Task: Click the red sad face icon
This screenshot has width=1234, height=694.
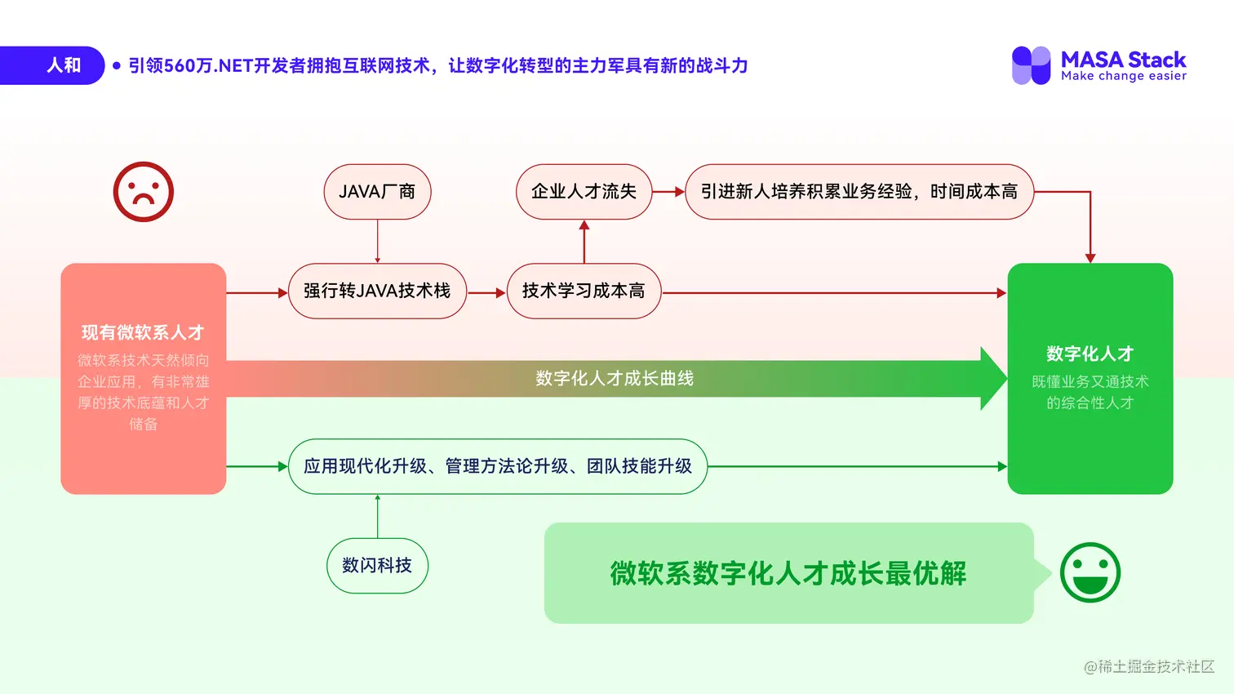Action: coord(144,192)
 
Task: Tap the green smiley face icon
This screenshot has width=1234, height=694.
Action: coord(1090,572)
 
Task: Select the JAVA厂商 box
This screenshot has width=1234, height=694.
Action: coord(377,192)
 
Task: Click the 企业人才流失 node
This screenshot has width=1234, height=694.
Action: coord(584,192)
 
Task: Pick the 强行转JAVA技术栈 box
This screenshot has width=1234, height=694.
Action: coord(377,291)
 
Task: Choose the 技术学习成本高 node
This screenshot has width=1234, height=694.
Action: coord(584,291)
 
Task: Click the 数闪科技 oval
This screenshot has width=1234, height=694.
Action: coord(377,565)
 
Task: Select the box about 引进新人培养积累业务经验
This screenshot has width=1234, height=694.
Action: coord(859,192)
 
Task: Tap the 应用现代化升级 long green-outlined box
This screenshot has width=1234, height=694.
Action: coord(497,466)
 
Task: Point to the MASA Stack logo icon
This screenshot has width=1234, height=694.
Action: coord(1031,65)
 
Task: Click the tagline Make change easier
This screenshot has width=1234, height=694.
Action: coord(1124,76)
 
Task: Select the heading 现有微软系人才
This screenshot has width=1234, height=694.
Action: coord(143,332)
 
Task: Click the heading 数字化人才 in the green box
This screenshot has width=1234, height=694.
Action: coord(1090,354)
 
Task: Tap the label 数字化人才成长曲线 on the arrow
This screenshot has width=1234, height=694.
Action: coord(614,379)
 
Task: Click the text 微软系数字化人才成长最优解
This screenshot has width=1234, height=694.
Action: coord(788,573)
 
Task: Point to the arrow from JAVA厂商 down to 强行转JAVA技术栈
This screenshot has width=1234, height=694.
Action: coord(377,241)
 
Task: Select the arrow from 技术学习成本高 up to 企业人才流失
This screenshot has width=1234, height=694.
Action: coord(584,241)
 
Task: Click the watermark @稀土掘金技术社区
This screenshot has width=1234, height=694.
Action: coord(1149,666)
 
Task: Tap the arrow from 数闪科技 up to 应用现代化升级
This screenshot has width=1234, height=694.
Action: coord(377,516)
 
